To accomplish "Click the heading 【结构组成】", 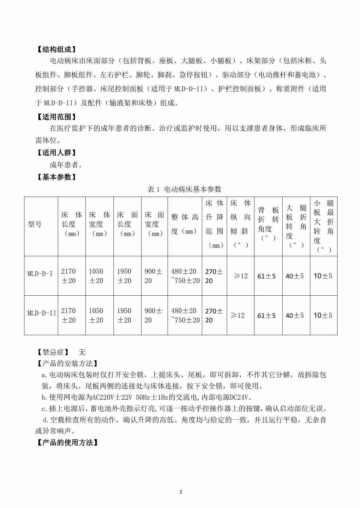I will pos(56,49).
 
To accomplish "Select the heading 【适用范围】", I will pos(56,117).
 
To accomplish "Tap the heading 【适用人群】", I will pos(56,153).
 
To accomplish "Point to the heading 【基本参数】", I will pos(56,177).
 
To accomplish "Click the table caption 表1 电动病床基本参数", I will pos(184,189).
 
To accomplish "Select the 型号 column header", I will pos(35,224).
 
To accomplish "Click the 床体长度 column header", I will pos(71,224).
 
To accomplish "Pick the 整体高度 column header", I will pos(185,224).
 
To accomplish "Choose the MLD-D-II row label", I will pos(42,313).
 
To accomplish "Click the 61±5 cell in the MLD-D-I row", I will pos(266,276).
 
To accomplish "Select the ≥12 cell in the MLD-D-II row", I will pos(238,315).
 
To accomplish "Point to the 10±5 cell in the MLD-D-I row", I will pos(323,276).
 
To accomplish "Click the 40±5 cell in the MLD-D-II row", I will pos(295,316).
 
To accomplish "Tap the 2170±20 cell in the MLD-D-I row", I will pos(69,276).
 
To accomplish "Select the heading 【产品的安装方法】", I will pos(67,364).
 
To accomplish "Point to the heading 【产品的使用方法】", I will pos(67,442).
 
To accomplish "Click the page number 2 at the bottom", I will pos(180,492).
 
